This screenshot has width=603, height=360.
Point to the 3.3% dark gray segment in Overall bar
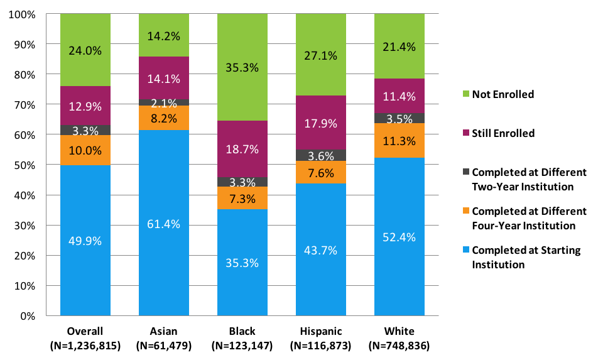click(85, 130)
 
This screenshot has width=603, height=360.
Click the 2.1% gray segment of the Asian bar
click(164, 102)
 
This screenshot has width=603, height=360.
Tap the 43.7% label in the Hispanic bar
click(321, 250)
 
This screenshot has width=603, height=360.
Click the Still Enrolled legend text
click(503, 133)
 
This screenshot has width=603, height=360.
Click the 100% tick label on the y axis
click(22, 14)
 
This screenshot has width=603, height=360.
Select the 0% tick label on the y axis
click(27, 315)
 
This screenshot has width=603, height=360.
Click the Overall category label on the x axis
click(85, 331)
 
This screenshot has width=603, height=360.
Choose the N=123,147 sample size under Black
click(242, 345)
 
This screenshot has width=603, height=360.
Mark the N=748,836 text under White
click(399, 345)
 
